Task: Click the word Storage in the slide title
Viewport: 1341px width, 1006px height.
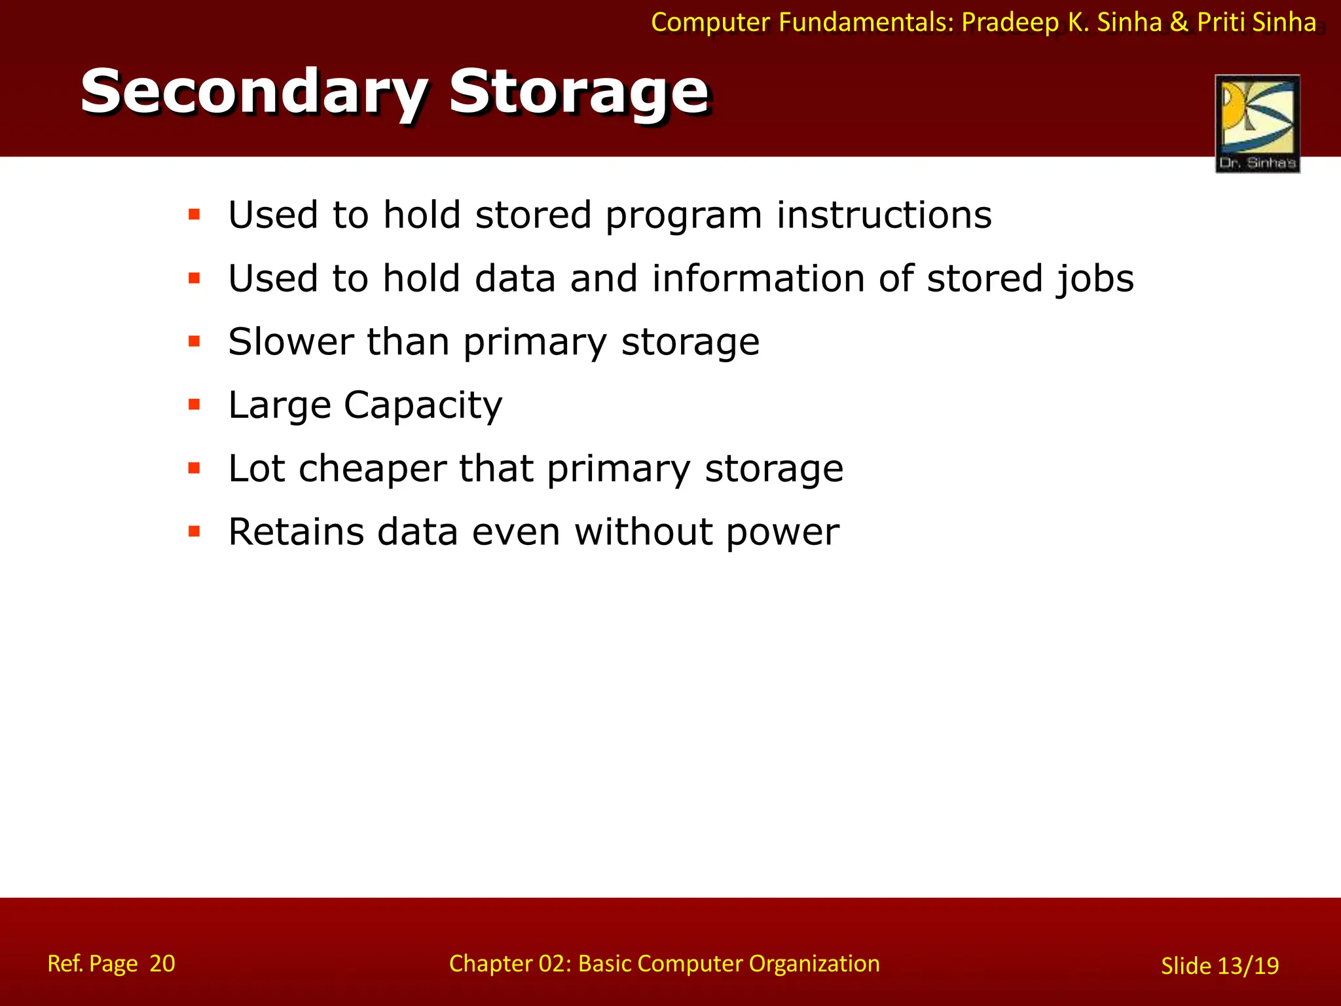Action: tap(579, 92)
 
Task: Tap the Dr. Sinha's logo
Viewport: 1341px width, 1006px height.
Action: tap(1257, 123)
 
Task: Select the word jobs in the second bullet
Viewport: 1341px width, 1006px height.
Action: tap(1095, 279)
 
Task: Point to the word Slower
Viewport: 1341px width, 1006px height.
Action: tap(290, 342)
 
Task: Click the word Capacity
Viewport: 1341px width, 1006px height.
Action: tap(423, 405)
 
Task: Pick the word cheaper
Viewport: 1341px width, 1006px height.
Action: tap(373, 468)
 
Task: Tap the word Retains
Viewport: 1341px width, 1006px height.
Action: tap(295, 531)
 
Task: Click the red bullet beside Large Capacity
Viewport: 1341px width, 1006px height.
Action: tap(194, 405)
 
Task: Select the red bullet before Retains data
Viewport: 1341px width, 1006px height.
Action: tap(194, 531)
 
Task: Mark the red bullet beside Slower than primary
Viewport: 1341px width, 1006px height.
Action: tap(194, 341)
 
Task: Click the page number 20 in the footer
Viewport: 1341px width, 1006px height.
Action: tap(162, 963)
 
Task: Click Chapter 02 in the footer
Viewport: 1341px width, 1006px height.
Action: tap(509, 963)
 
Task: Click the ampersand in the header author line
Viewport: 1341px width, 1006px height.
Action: tap(1179, 22)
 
